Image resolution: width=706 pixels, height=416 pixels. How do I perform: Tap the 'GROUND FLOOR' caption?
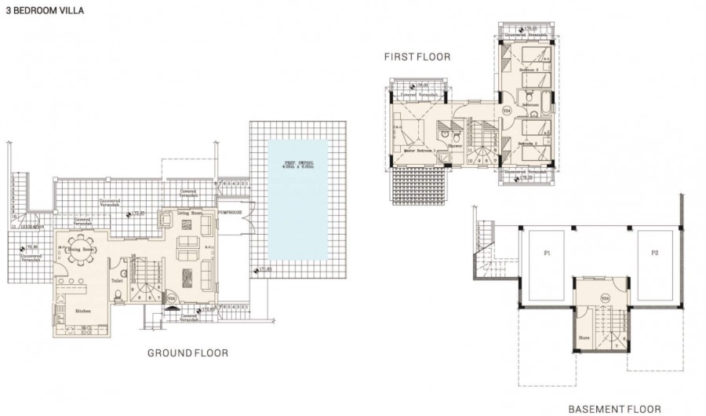pos(187,353)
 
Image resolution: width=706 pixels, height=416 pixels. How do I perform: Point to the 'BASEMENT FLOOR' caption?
pos(613,409)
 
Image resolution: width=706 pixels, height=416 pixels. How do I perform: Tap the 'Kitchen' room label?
pos(82,312)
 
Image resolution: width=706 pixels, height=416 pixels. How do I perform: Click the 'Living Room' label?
pos(189,213)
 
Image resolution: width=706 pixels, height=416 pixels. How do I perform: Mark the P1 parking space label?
pos(547,254)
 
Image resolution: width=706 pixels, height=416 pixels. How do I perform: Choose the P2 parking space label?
pos(653,254)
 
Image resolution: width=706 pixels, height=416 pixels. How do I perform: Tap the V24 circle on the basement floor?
pos(605,298)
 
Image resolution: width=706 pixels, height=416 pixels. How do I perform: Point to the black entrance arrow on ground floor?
pos(171,310)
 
